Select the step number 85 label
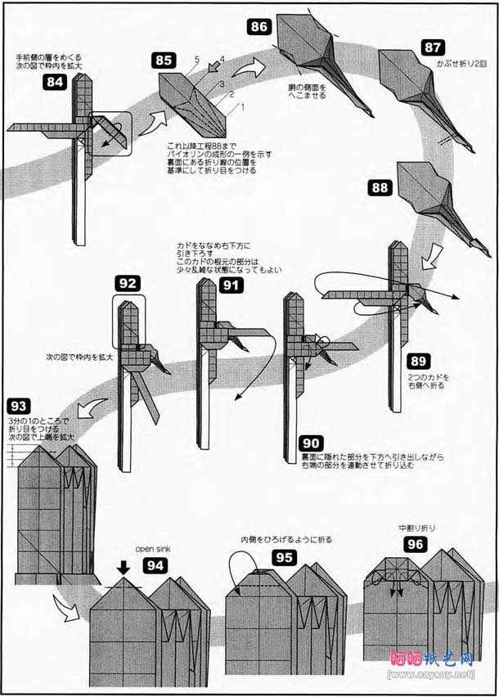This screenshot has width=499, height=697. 164,60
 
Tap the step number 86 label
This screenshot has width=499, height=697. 258,26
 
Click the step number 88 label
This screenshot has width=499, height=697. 380,187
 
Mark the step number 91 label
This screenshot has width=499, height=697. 232,286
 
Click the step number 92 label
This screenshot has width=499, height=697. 128,283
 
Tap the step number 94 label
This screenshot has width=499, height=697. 156,564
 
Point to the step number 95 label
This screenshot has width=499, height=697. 285,557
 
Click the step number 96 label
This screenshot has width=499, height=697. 416,544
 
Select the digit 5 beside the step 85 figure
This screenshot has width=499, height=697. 196,60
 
